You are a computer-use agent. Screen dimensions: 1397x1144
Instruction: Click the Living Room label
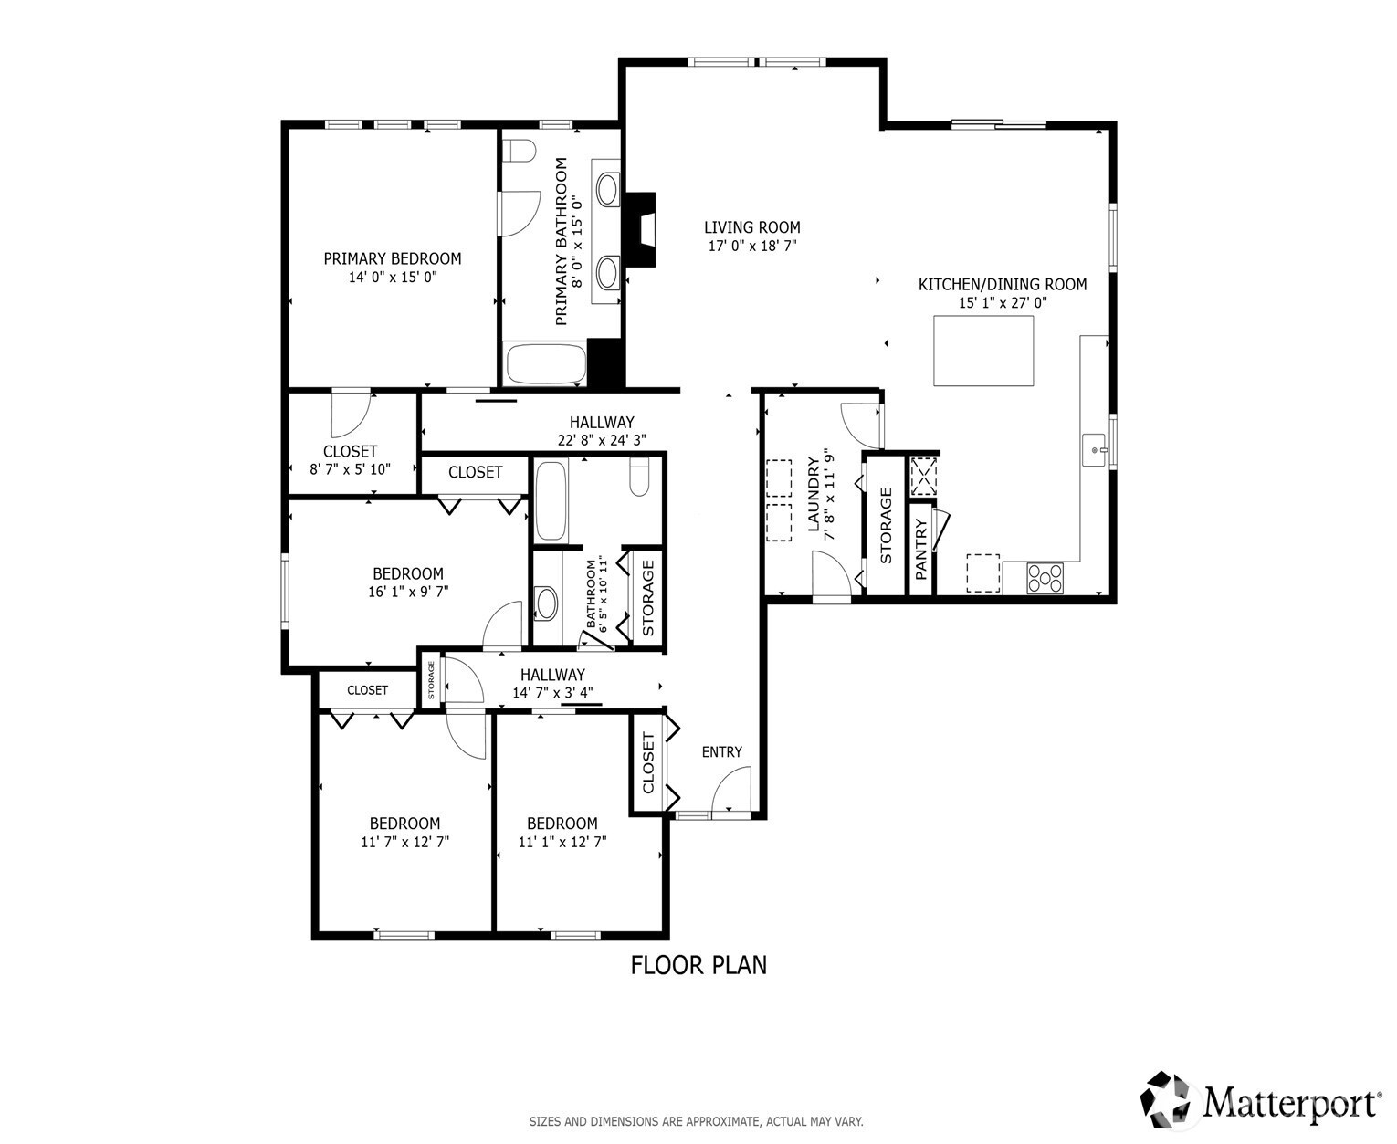tap(751, 227)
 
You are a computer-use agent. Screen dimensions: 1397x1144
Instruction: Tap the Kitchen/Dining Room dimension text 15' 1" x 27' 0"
tap(1003, 303)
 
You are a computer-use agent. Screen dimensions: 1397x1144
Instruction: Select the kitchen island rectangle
tap(983, 351)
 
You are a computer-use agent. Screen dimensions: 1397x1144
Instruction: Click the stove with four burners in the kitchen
tap(1045, 578)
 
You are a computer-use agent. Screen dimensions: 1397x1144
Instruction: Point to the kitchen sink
tap(1094, 450)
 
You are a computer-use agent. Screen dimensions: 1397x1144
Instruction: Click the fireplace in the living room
tap(641, 230)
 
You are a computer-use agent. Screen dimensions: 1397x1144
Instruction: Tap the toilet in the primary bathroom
tap(519, 151)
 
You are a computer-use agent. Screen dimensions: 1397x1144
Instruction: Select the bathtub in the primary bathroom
tap(546, 363)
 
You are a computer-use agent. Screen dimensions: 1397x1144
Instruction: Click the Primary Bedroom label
tap(392, 258)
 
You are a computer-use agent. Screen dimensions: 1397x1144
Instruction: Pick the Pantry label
tap(920, 550)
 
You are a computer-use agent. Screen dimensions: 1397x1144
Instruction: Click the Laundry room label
tap(814, 494)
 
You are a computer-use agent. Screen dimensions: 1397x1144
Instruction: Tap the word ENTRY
tap(721, 751)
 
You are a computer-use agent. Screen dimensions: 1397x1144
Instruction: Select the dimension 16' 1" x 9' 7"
tap(408, 592)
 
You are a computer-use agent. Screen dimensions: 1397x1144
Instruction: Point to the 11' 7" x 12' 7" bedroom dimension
tap(404, 842)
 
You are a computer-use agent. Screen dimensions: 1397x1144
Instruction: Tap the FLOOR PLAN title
tap(698, 965)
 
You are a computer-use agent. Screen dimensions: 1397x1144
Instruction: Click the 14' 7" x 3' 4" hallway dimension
tap(552, 693)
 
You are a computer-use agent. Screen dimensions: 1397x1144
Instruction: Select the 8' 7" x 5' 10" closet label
tap(350, 469)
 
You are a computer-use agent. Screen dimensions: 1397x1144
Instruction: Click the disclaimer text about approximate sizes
tap(696, 1121)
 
